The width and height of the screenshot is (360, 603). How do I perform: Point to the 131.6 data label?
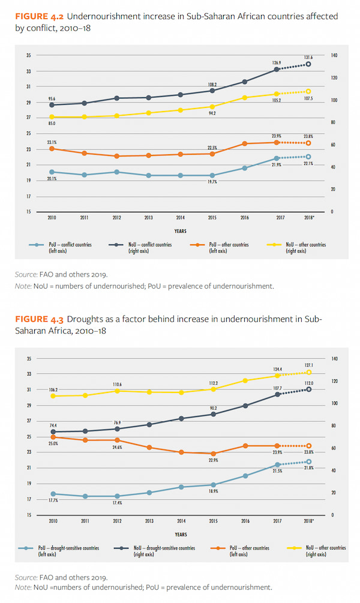pyautogui.click(x=308, y=57)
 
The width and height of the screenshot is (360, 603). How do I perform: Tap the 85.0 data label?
pyautogui.click(x=52, y=124)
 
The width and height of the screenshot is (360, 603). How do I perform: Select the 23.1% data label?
pyautogui.click(x=52, y=142)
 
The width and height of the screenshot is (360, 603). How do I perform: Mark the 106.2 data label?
pyautogui.click(x=52, y=389)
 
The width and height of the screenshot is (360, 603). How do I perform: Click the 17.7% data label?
pyautogui.click(x=52, y=501)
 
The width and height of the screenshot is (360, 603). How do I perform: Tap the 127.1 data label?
pyautogui.click(x=308, y=365)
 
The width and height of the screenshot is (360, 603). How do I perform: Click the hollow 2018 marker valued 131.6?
pyautogui.click(x=308, y=64)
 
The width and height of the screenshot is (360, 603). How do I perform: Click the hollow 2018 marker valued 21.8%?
pyautogui.click(x=308, y=461)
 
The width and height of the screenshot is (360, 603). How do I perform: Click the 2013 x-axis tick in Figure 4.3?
pyautogui.click(x=148, y=521)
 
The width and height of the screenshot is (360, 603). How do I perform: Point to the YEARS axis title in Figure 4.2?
pyautogui.click(x=180, y=230)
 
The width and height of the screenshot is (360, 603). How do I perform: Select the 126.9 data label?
pyautogui.click(x=276, y=62)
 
